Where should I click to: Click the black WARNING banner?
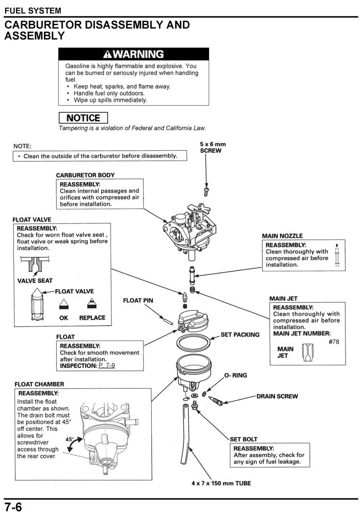tap(134, 54)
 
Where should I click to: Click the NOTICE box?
tap(83, 118)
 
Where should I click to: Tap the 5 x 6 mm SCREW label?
tap(212, 148)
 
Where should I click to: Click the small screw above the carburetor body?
tap(207, 190)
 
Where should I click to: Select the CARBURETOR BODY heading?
tap(85, 175)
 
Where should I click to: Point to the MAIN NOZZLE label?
tap(283, 236)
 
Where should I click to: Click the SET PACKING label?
tap(240, 334)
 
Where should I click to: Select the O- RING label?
tap(235, 375)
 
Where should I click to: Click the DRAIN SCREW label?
tap(277, 396)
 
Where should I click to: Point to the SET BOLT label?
tap(244, 439)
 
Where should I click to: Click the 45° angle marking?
tap(70, 439)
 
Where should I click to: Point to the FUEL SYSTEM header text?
tap(32, 10)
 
